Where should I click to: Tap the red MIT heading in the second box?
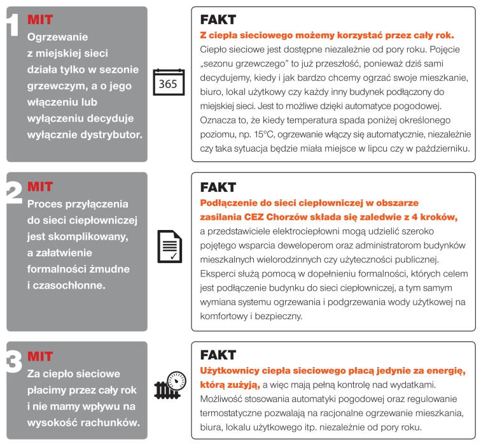(x=40, y=187)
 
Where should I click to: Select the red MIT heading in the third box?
(x=40, y=356)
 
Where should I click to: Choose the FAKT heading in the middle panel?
(x=218, y=187)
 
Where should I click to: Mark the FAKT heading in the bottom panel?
(x=218, y=355)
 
